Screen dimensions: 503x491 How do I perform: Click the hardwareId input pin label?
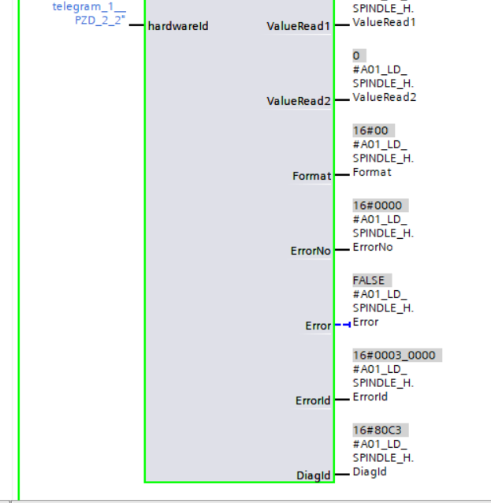tap(178, 26)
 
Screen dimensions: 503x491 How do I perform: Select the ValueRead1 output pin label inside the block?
tap(299, 26)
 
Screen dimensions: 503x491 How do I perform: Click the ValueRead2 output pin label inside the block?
tap(299, 101)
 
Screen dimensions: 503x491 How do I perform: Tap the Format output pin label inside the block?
tap(311, 176)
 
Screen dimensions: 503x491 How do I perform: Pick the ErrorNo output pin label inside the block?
tap(311, 251)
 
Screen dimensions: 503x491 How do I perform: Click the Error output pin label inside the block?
tap(318, 326)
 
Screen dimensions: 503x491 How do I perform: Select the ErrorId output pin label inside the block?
tap(313, 401)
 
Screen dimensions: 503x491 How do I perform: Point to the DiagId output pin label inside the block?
tap(314, 475)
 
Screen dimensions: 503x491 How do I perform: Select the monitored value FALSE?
tap(368, 281)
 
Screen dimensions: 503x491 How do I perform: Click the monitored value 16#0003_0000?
tap(393, 356)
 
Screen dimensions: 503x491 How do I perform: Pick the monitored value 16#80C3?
tap(380, 430)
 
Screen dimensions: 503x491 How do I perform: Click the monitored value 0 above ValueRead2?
tap(356, 56)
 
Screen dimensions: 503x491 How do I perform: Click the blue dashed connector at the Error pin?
tap(342, 325)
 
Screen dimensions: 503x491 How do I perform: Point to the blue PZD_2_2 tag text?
tap(99, 20)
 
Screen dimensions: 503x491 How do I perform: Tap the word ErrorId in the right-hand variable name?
tap(370, 397)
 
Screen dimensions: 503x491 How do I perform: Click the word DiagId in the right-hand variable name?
tap(369, 471)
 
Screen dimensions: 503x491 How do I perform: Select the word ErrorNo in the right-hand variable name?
tap(372, 247)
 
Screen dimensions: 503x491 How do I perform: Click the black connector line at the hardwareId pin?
tap(136, 25)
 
